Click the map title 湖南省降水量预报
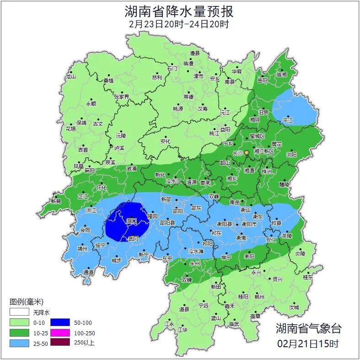click(x=179, y=11)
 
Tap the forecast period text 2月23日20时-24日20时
click(x=179, y=24)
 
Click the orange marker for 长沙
click(x=247, y=152)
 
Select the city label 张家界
click(x=122, y=97)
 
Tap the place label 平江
click(x=288, y=120)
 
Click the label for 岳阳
click(x=262, y=81)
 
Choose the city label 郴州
click(x=259, y=296)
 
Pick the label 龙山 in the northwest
click(x=70, y=76)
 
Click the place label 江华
click(x=183, y=329)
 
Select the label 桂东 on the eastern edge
click(x=308, y=277)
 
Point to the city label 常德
click(x=188, y=97)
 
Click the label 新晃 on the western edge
click(x=56, y=201)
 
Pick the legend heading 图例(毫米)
click(x=26, y=302)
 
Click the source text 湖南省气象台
click(x=308, y=328)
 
